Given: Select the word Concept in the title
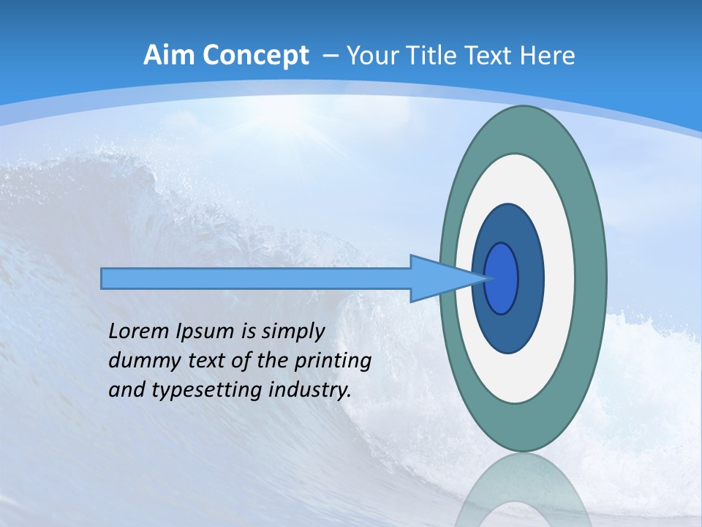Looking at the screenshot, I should coord(255,56).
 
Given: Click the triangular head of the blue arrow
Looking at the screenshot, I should coord(439,279).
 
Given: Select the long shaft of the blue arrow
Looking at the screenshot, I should coord(256,279).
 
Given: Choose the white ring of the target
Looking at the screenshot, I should coord(559,279).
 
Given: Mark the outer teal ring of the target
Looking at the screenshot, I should coord(591,279).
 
